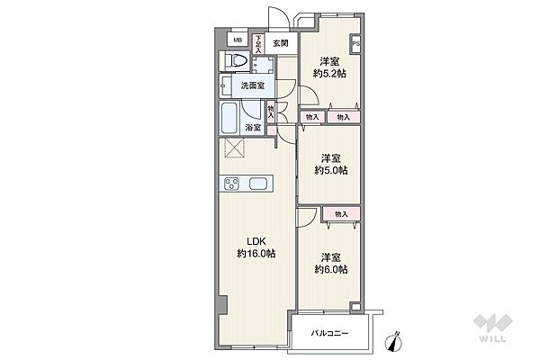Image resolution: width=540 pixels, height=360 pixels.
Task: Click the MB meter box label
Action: pos(238,40)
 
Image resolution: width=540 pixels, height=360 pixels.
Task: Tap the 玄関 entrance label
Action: pos(280,43)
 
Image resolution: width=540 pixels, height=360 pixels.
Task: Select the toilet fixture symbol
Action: pos(236,61)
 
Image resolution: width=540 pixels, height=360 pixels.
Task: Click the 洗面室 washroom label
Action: pos(252,85)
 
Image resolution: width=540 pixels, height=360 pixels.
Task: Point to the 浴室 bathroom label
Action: pos(253,128)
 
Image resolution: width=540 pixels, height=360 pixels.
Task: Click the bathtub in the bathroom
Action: pos(229,118)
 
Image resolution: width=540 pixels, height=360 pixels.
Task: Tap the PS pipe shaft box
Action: pos(355,44)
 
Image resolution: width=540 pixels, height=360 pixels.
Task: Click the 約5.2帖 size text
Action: pos(329,74)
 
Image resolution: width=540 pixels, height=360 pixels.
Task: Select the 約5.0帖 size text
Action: pos(330,170)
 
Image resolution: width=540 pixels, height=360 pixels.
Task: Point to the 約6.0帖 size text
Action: pos(330,269)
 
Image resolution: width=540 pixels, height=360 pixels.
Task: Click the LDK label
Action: pos(256,241)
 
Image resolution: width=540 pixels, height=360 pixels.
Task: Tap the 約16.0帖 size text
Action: pos(256,254)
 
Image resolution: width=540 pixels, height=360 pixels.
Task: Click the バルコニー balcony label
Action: pos(329,334)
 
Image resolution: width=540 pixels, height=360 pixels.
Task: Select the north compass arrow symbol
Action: pos(393,342)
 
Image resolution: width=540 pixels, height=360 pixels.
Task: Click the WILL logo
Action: pos(492,328)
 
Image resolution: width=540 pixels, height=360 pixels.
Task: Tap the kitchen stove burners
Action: pos(231,184)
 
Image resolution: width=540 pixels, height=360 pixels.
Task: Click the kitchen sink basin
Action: pos(258,184)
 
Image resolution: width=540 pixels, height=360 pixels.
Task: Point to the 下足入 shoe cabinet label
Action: pos(258,44)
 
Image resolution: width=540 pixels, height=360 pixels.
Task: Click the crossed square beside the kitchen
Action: pos(234,148)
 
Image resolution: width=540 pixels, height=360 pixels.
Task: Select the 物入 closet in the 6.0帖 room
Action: pos(341,214)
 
